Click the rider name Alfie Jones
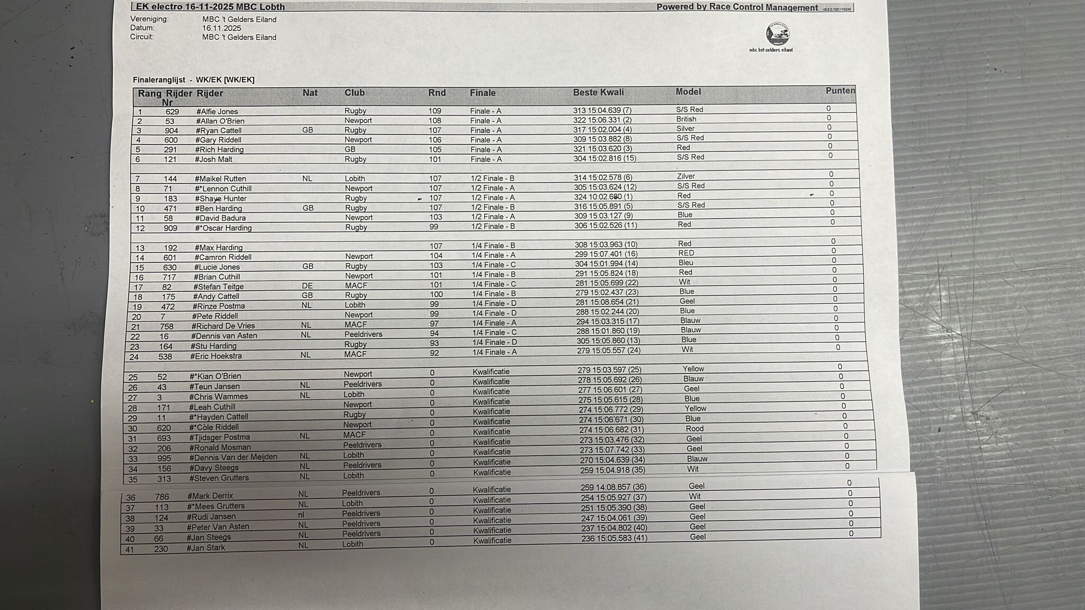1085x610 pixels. pos(217,112)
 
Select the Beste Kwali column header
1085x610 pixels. pos(598,92)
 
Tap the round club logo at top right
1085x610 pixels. pos(777,35)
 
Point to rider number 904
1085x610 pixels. pos(171,131)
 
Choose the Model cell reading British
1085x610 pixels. pos(686,119)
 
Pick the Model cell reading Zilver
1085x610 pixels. pos(686,176)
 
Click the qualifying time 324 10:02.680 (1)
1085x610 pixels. pos(603,196)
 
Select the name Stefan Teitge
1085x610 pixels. pos(218,287)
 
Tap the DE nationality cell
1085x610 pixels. pos(306,286)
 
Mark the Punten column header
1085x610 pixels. pos(840,91)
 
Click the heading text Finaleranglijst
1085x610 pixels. pos(159,80)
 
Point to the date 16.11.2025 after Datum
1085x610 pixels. pos(221,28)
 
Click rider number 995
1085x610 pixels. pos(164,458)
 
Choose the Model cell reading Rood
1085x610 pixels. pos(695,429)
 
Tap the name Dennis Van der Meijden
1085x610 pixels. pos(233,457)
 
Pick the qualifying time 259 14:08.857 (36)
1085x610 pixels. pos(613,487)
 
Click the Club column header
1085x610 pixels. pos(354,93)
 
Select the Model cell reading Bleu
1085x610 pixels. pos(686,263)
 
